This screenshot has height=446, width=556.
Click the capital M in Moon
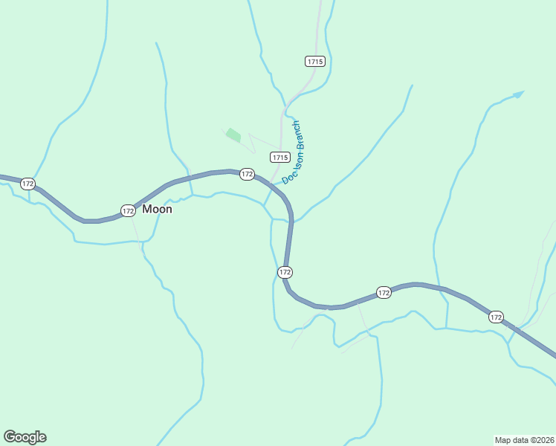[x=147, y=210]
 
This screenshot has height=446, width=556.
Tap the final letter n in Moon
[x=168, y=210]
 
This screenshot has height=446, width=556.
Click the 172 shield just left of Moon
[x=128, y=211]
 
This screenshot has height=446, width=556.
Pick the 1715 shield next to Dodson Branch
[x=279, y=157]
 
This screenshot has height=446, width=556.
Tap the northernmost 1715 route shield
[x=314, y=62]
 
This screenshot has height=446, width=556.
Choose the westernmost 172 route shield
[x=28, y=184]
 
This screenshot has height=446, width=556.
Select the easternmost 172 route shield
[x=496, y=317]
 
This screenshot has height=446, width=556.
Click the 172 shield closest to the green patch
[x=248, y=174]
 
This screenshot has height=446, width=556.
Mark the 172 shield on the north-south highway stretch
[x=285, y=272]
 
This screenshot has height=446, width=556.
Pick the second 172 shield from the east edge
[x=384, y=293]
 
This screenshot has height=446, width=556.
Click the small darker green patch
[x=233, y=135]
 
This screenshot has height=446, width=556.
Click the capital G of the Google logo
[x=10, y=437]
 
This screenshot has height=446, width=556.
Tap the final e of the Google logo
[x=42, y=437]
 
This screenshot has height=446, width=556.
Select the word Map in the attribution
[x=503, y=439]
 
